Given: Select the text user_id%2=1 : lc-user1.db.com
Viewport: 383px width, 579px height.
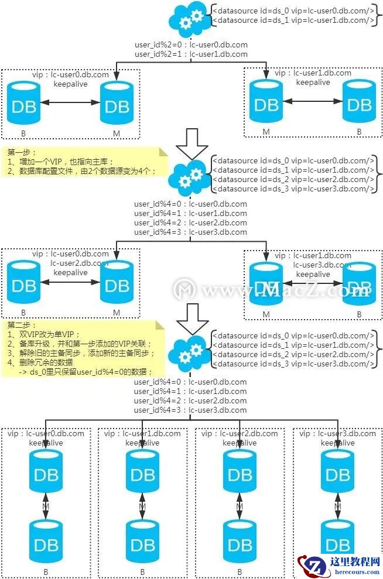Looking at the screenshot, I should point(191,54).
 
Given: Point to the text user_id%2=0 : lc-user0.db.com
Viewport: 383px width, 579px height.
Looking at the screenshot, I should point(191,45).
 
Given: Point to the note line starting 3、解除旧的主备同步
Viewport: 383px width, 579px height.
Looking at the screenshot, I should point(82,354).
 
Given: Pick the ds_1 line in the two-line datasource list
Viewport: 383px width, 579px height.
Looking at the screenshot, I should point(293,20).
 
